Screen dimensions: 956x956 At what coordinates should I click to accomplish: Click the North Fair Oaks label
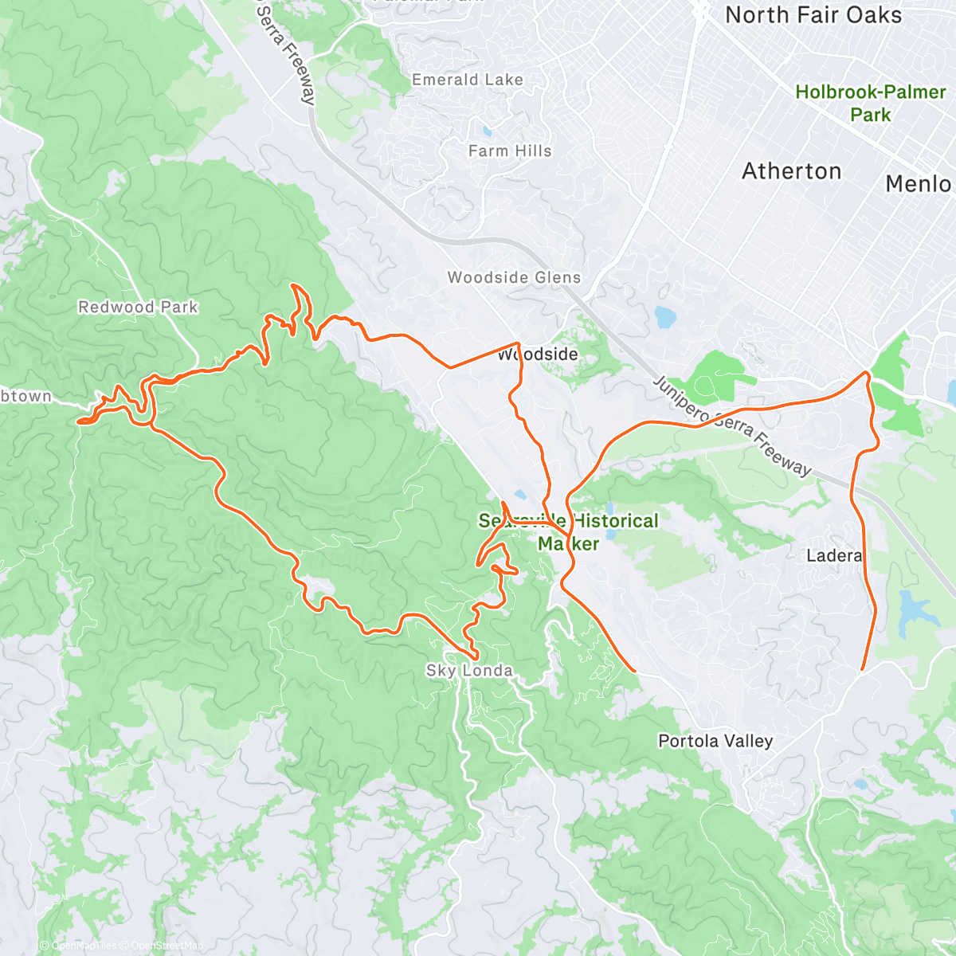813,15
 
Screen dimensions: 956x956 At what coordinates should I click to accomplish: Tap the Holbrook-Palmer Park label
870,104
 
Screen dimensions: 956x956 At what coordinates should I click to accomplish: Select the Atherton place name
791,171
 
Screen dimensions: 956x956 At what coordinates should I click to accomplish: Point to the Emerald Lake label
467,80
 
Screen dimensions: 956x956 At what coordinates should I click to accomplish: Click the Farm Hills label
509,151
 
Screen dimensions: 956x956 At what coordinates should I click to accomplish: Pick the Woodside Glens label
514,277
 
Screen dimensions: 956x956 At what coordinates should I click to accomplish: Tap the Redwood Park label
138,307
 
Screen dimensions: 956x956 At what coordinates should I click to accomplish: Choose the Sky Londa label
469,671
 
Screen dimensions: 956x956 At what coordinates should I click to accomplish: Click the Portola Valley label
715,741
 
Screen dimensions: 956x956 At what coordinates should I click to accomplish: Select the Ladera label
833,555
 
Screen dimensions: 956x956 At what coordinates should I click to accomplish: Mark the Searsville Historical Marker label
568,532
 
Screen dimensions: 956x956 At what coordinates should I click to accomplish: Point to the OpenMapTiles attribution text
84,946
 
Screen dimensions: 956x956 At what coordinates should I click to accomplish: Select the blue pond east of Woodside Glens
664,317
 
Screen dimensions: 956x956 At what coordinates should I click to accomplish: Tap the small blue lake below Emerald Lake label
487,130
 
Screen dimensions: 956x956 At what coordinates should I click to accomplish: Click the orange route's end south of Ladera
863,669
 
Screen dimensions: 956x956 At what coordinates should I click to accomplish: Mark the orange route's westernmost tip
79,420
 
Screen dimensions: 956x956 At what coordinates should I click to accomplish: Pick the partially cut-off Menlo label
919,184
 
